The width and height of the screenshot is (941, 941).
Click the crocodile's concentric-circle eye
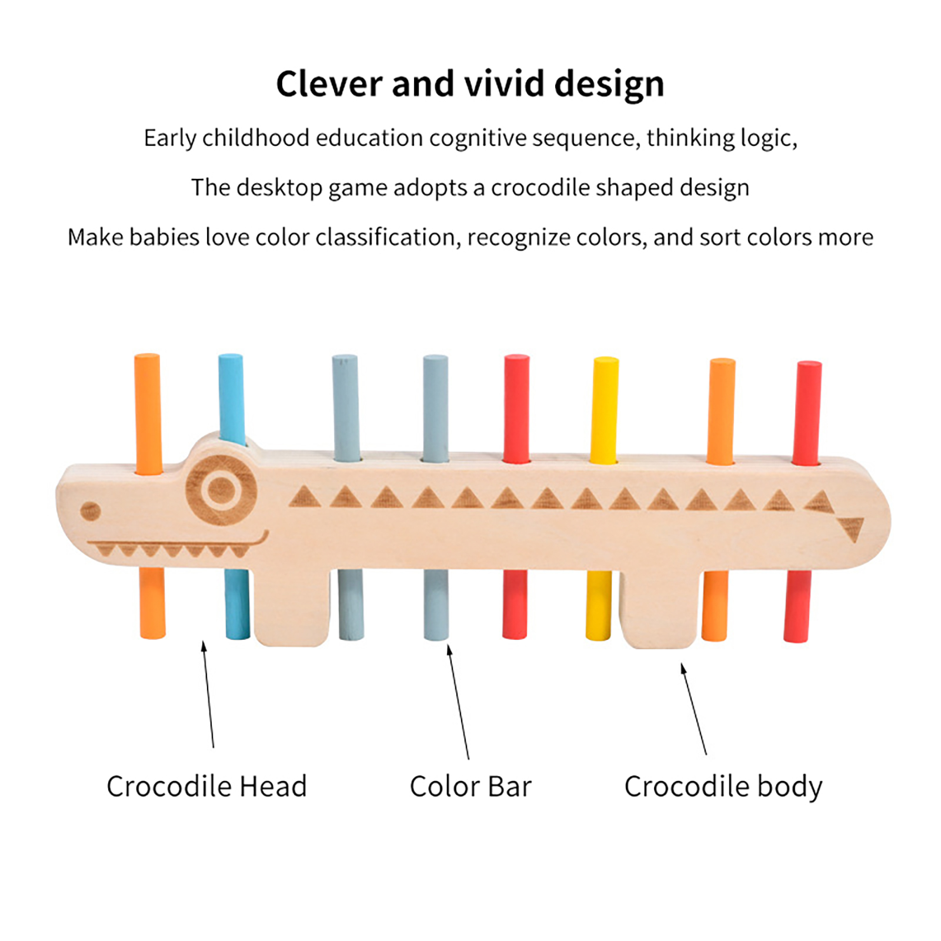(x=221, y=489)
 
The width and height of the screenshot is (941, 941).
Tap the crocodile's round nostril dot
(x=90, y=511)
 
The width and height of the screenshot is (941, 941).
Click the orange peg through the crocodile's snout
(x=148, y=412)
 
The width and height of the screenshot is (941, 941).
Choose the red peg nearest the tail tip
(x=807, y=412)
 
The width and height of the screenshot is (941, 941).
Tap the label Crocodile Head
(x=206, y=786)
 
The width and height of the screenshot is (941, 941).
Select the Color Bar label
(x=470, y=786)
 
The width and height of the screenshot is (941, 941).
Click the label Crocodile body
(x=723, y=786)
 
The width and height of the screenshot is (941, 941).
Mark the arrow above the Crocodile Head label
(x=208, y=694)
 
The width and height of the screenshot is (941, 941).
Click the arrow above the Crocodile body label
(x=694, y=709)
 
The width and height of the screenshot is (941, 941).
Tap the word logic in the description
(x=768, y=138)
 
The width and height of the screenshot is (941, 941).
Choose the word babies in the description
(x=164, y=237)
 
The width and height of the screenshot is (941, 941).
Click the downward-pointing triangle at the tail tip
(x=851, y=528)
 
